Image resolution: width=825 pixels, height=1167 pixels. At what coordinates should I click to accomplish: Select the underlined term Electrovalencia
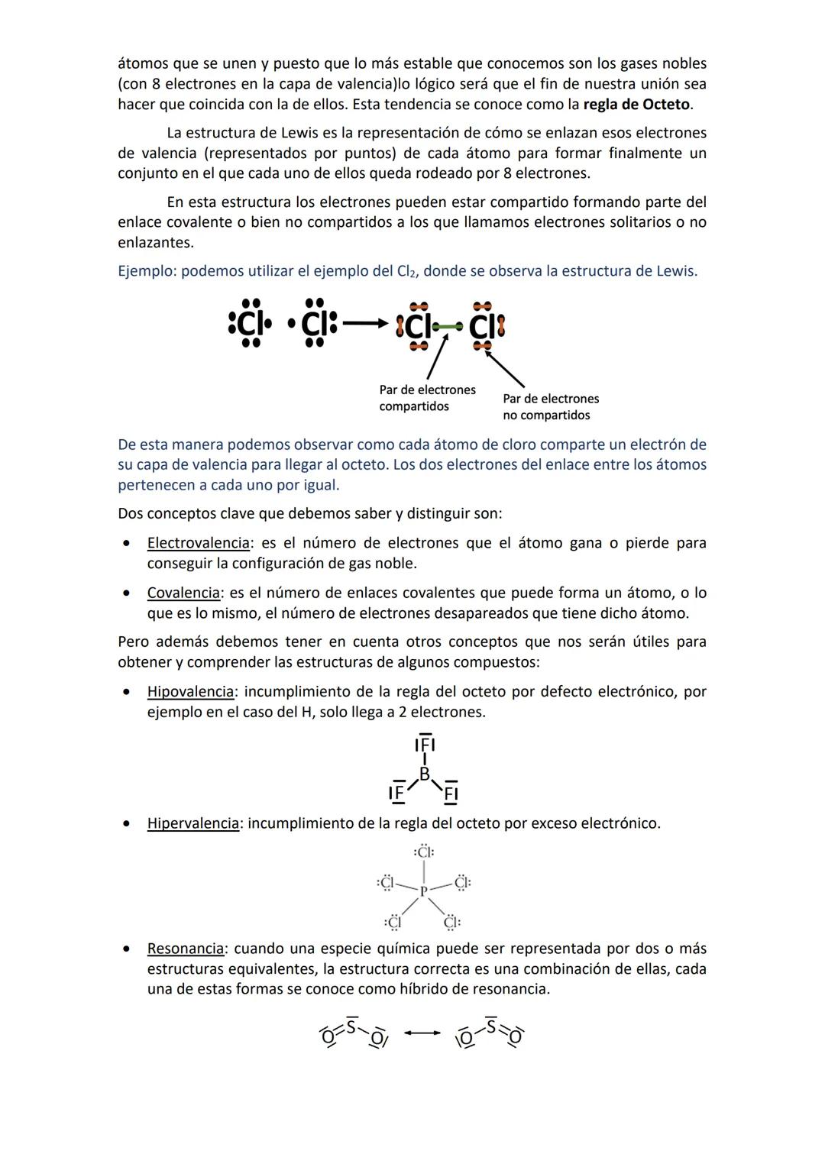pos(198,543)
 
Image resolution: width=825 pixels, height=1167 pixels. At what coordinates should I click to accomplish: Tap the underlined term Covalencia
pos(183,593)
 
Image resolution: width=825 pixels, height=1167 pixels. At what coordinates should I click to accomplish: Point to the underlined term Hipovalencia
pos(190,691)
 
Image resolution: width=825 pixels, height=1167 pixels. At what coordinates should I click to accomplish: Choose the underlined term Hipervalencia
pos(192,823)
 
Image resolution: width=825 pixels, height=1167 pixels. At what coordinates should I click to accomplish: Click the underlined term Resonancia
pos(186,949)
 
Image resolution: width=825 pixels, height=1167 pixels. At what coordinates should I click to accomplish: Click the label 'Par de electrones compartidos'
pos(426,398)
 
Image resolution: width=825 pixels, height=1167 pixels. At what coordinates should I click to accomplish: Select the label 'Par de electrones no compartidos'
pos(550,407)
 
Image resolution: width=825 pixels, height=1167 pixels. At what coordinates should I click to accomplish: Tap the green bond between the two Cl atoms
pos(447,327)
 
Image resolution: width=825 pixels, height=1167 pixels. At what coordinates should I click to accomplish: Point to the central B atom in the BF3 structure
pos(424,774)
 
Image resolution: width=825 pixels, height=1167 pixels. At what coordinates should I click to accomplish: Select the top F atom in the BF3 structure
pos(425,745)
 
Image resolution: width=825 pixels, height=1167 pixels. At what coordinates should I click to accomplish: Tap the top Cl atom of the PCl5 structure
pos(424,852)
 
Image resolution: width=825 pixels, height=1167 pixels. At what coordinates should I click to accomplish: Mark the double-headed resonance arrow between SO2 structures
pos(422,1033)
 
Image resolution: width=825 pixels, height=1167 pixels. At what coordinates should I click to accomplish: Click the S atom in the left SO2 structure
pos(351,1027)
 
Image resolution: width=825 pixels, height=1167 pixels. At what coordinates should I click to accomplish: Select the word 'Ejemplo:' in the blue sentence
pos(147,271)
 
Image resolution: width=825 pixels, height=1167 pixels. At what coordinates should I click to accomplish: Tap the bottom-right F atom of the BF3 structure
pos(451,794)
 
